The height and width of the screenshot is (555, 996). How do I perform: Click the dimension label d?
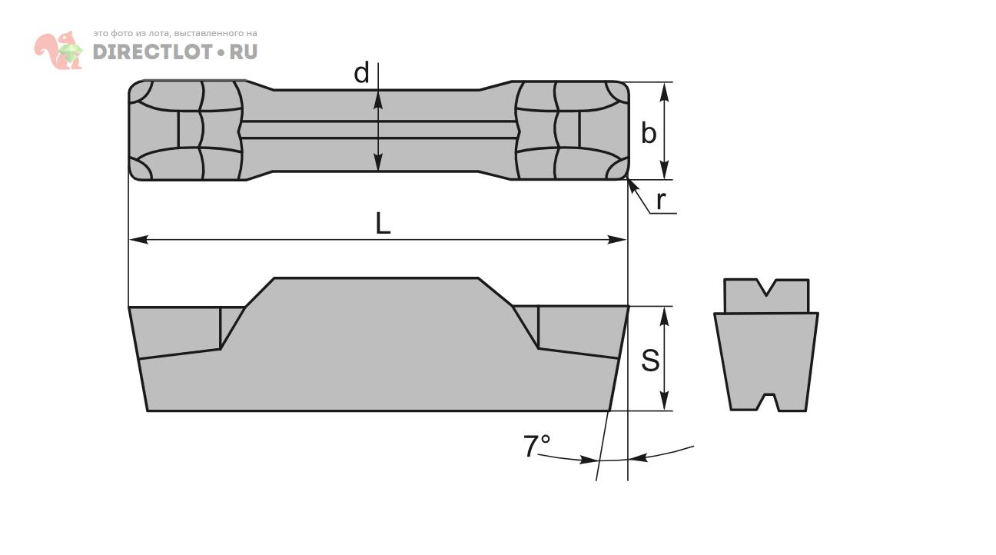(x=361, y=73)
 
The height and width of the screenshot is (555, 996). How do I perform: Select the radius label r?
(x=661, y=201)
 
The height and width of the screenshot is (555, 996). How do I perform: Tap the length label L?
(x=383, y=223)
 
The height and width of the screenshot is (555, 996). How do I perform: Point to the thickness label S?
(x=650, y=361)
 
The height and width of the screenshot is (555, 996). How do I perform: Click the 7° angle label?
(x=536, y=446)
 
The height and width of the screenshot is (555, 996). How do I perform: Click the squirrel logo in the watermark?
(x=58, y=50)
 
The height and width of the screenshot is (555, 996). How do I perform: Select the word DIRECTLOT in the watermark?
(x=152, y=52)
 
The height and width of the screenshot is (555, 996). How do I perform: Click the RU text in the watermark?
(x=243, y=52)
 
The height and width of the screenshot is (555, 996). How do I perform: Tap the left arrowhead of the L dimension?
(x=138, y=240)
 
